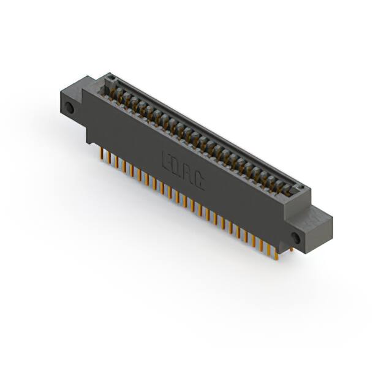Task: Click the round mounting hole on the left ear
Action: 69,108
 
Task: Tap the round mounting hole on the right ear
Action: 296,238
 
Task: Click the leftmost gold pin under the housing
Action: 101,154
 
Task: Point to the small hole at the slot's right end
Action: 300,186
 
